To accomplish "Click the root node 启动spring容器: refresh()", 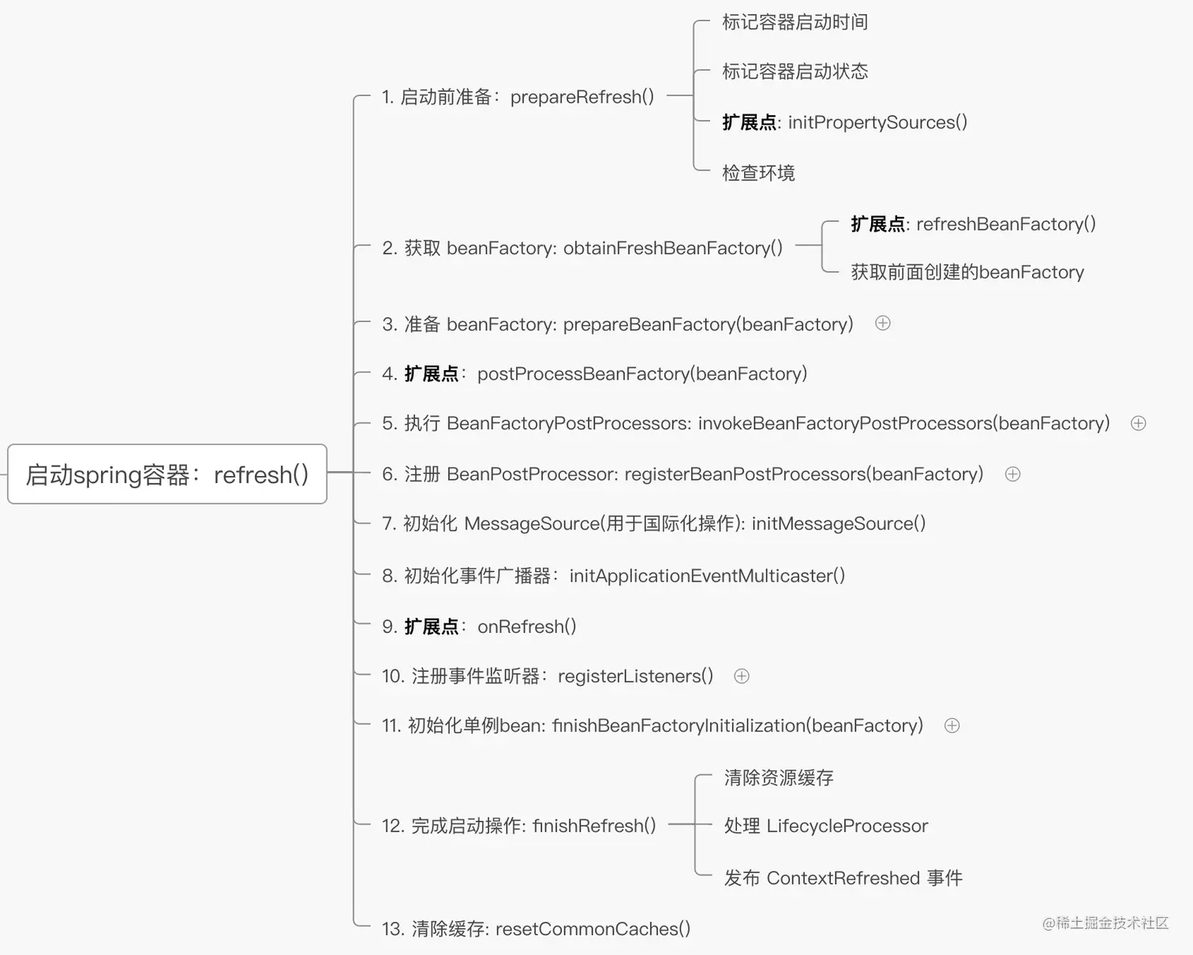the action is point(166,474).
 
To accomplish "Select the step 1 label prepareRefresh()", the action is point(518,97).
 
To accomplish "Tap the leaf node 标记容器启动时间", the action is point(795,22).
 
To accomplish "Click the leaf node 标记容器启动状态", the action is point(795,72).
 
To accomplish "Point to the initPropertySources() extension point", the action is point(844,122).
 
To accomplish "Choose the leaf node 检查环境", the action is point(758,173).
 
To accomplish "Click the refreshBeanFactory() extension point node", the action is point(973,224).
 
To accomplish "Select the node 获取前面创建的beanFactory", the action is point(967,272).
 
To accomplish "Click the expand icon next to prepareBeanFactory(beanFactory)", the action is point(883,323).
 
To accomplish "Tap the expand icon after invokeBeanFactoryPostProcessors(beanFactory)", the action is point(1138,423).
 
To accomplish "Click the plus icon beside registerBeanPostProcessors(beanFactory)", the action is point(1012,474).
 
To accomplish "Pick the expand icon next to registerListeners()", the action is point(742,676).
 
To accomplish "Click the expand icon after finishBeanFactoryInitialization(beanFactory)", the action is point(952,725).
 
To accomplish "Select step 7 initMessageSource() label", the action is point(653,523).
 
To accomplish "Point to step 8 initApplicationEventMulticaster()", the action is point(613,575).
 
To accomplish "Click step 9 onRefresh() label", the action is point(479,626).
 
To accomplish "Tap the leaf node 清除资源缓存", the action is point(779,777).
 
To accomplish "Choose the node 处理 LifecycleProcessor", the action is point(825,826).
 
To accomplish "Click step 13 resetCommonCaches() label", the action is point(536,929).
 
